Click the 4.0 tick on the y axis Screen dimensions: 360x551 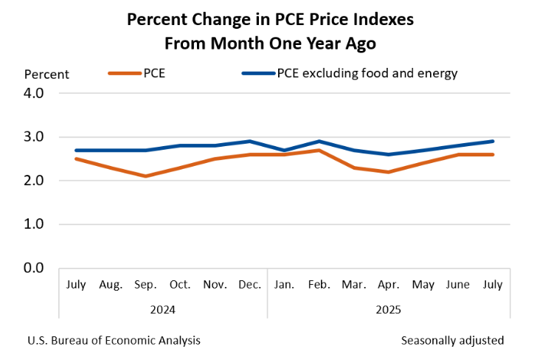click(35, 94)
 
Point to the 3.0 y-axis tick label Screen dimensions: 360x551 click(35, 137)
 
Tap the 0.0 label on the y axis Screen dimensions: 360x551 click(35, 268)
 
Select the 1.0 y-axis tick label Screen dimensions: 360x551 click(35, 224)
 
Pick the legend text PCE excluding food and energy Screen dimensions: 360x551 click(367, 73)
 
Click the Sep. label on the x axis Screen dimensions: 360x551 click(145, 284)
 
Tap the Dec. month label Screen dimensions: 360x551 click(250, 284)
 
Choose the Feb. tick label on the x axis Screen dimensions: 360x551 click(318, 284)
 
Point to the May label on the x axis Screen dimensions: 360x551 click(423, 284)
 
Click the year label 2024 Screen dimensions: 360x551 click(162, 310)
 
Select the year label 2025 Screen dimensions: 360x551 click(388, 310)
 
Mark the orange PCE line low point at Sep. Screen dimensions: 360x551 click(145, 176)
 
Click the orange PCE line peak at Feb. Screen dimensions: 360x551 click(318, 150)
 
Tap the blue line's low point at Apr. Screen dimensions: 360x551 click(388, 154)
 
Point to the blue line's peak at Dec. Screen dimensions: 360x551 click(250, 141)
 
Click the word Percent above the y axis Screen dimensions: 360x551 click(46, 74)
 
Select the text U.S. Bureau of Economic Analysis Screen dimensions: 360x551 click(114, 340)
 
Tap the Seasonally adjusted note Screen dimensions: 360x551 click(452, 340)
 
